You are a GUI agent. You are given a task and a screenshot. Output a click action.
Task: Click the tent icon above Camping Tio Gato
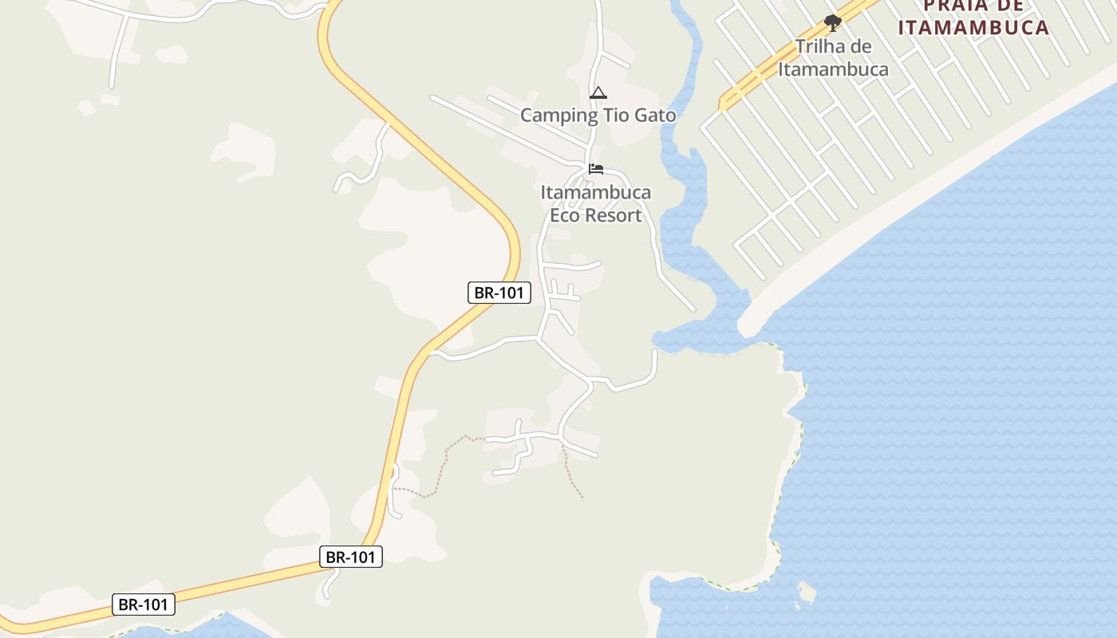tap(598, 93)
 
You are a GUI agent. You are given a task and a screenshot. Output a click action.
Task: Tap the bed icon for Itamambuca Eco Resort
tap(596, 169)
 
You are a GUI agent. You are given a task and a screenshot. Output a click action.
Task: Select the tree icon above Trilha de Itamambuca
tap(833, 22)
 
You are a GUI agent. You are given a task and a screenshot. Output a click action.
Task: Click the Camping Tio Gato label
tap(598, 116)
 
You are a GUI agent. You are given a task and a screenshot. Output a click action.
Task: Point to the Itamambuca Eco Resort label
tap(596, 203)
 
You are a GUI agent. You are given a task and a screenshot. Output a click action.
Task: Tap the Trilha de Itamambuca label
tap(833, 57)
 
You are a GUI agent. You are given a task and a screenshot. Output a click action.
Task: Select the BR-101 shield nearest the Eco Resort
tap(499, 293)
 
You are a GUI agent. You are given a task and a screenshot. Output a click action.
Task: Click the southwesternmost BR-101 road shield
tap(143, 605)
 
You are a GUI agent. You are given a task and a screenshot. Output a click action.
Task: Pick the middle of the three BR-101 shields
tap(351, 557)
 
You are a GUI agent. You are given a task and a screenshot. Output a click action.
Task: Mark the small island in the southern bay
tap(807, 593)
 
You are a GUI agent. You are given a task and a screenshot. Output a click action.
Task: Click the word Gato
tap(655, 116)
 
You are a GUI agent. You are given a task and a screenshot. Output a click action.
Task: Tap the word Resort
tap(613, 215)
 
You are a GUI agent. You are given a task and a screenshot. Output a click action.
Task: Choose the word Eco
tap(565, 215)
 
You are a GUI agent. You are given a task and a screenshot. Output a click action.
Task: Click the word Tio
tap(614, 116)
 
